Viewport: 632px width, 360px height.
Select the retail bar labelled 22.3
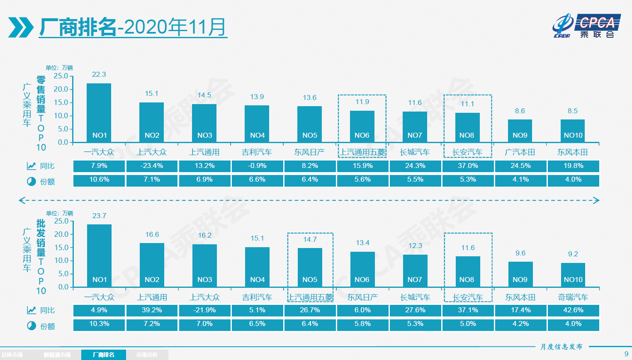[x=99, y=112]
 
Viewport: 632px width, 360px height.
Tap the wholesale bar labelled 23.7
[x=99, y=255]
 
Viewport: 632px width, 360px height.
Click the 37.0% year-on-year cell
[x=468, y=166]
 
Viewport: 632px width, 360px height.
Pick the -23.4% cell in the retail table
[x=152, y=166]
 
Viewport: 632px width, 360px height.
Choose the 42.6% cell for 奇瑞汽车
[x=573, y=310]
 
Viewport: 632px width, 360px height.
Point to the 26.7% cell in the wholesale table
[x=310, y=310]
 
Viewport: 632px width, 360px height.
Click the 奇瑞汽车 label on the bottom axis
[x=573, y=297]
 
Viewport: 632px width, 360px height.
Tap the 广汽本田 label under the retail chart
[x=520, y=152]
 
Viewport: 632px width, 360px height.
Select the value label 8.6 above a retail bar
[x=520, y=111]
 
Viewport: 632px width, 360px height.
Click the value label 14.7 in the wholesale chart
[x=310, y=239]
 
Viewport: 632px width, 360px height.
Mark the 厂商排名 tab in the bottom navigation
[x=104, y=355]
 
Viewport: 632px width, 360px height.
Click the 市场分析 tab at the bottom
[x=147, y=355]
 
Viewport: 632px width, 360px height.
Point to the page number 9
[x=626, y=354]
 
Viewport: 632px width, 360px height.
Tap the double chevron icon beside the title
[x=21, y=27]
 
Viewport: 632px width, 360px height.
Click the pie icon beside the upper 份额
[x=32, y=182]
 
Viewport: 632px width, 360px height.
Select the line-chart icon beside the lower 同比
[x=32, y=310]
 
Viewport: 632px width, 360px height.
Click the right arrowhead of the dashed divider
[x=596, y=201]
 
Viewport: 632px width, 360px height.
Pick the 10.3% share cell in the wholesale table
[x=99, y=324]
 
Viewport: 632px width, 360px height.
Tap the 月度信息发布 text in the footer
[x=562, y=347]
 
